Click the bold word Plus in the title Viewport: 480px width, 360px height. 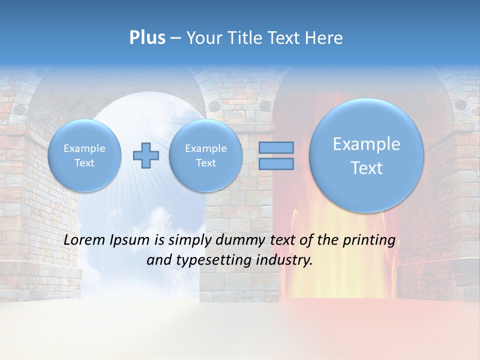tap(147, 38)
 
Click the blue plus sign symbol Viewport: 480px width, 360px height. tap(146, 155)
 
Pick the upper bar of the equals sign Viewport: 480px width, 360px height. tap(276, 147)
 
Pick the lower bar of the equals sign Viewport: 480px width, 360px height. tap(276, 164)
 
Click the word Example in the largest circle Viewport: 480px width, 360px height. tap(366, 144)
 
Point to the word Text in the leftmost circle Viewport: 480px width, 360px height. tap(84, 163)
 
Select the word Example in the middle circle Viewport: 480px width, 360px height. tap(205, 148)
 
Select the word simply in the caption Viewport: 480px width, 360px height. tap(189, 240)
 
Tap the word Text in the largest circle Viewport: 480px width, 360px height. tap(366, 168)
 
